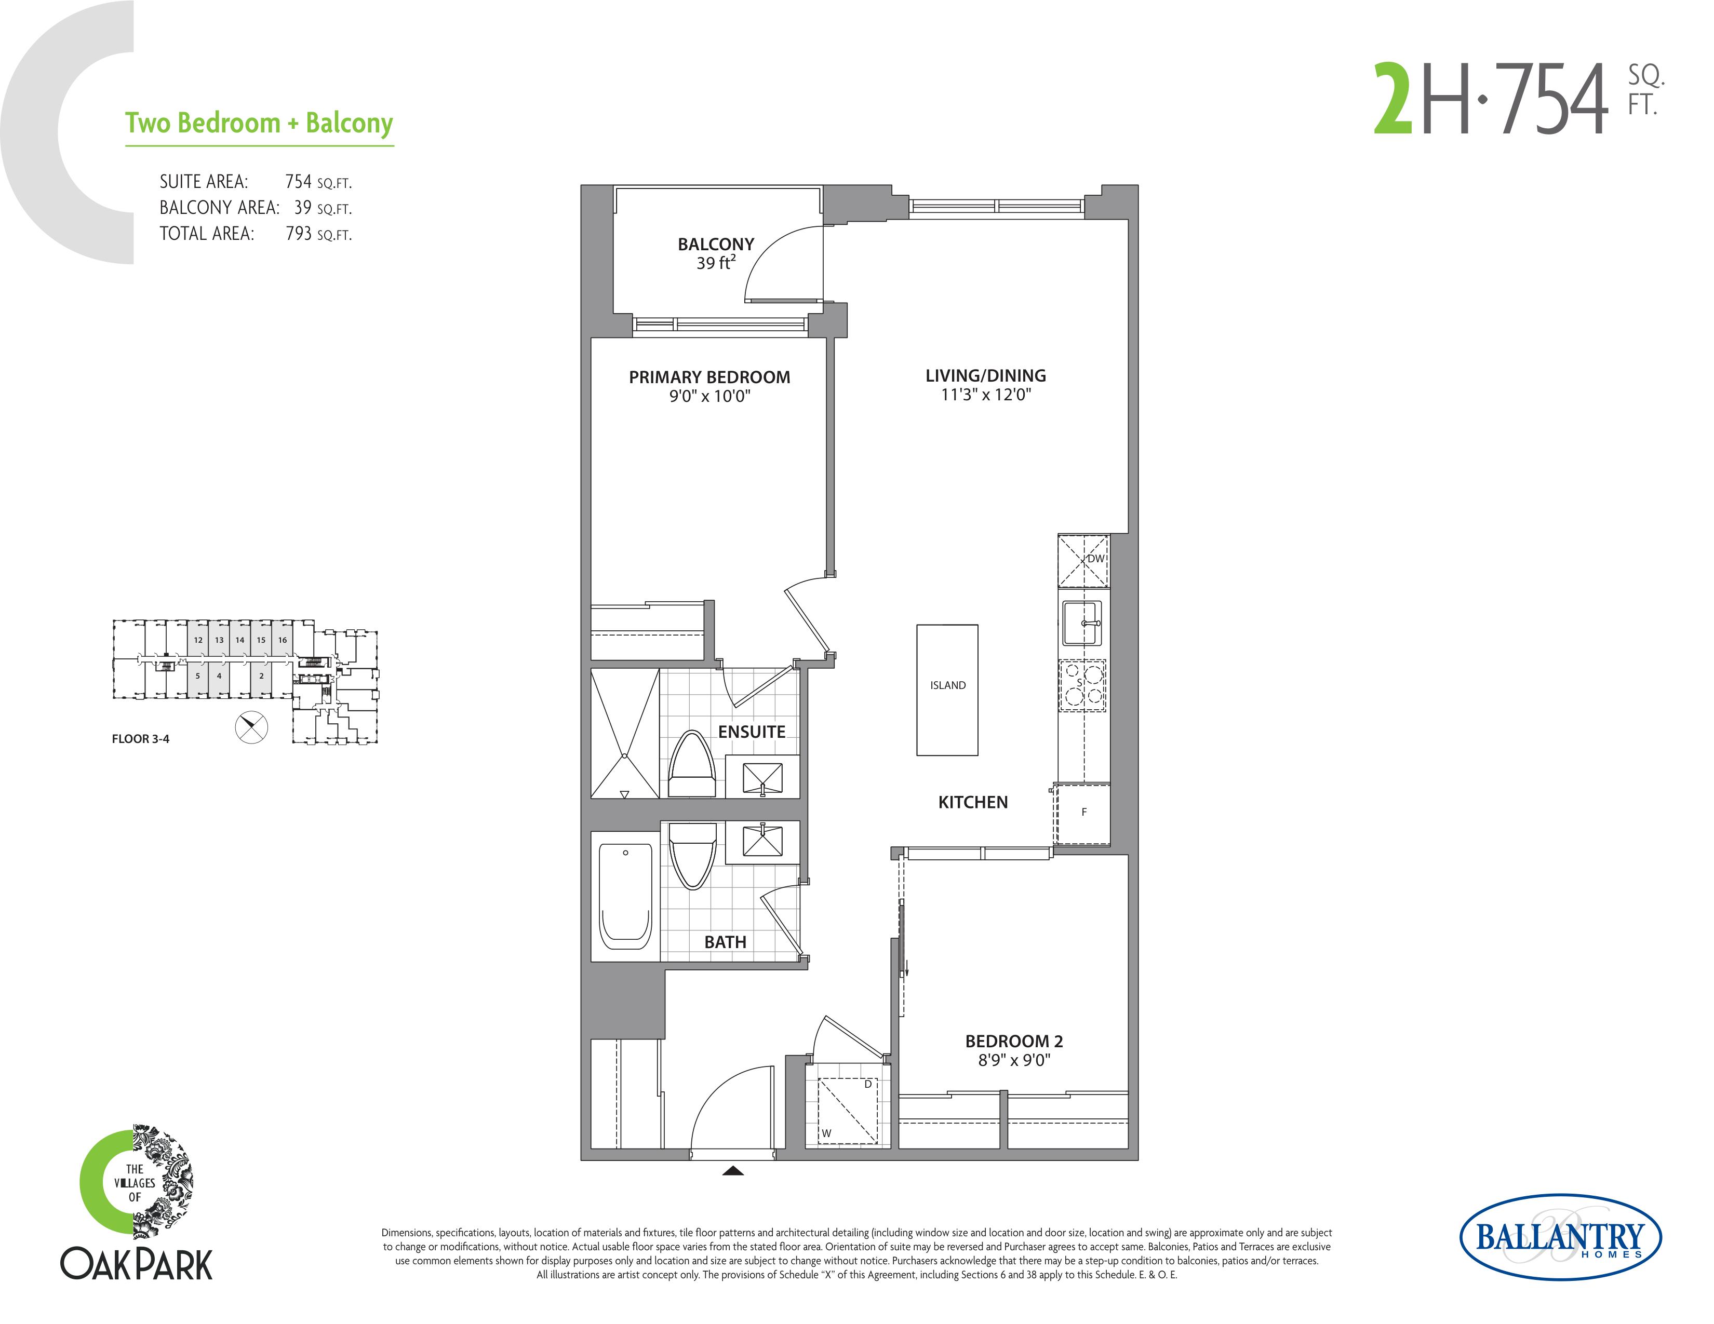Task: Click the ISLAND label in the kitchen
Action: coord(947,685)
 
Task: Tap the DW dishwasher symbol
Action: coord(1084,561)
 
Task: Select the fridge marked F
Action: coord(1083,814)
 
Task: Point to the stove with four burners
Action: coord(1082,685)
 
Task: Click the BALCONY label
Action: coord(716,245)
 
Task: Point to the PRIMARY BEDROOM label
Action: coord(709,377)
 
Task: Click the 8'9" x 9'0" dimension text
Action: coord(1014,1060)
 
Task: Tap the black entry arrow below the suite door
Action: coord(733,1171)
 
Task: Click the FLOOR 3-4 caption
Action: coord(140,739)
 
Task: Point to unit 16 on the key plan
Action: coord(283,640)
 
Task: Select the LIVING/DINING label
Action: coord(986,376)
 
